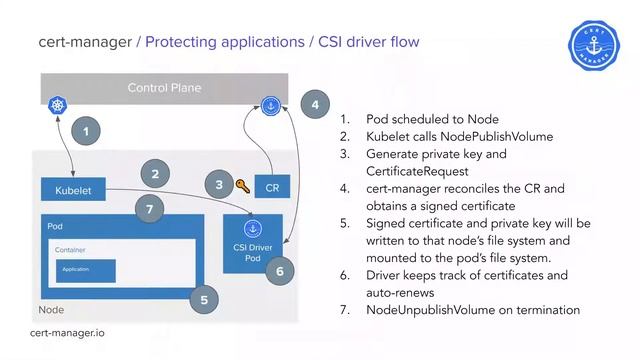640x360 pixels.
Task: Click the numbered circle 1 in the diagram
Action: click(x=88, y=131)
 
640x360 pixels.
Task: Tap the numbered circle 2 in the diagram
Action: click(x=155, y=173)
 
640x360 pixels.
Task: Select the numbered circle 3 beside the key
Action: click(x=219, y=184)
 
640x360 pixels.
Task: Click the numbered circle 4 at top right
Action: click(x=315, y=104)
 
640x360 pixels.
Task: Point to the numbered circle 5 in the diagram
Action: click(x=204, y=297)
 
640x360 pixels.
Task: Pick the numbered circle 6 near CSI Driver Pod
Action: click(x=281, y=271)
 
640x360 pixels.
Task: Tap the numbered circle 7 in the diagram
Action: click(x=148, y=209)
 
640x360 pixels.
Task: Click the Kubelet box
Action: click(x=73, y=190)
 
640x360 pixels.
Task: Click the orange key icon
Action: click(x=242, y=186)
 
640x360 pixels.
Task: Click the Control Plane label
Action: click(x=164, y=88)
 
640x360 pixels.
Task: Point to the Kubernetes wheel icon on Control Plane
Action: click(x=56, y=105)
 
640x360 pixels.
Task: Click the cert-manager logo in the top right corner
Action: click(x=594, y=46)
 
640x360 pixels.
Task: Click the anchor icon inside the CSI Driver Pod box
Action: click(x=253, y=229)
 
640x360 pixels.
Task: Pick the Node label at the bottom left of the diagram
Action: click(x=51, y=310)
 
